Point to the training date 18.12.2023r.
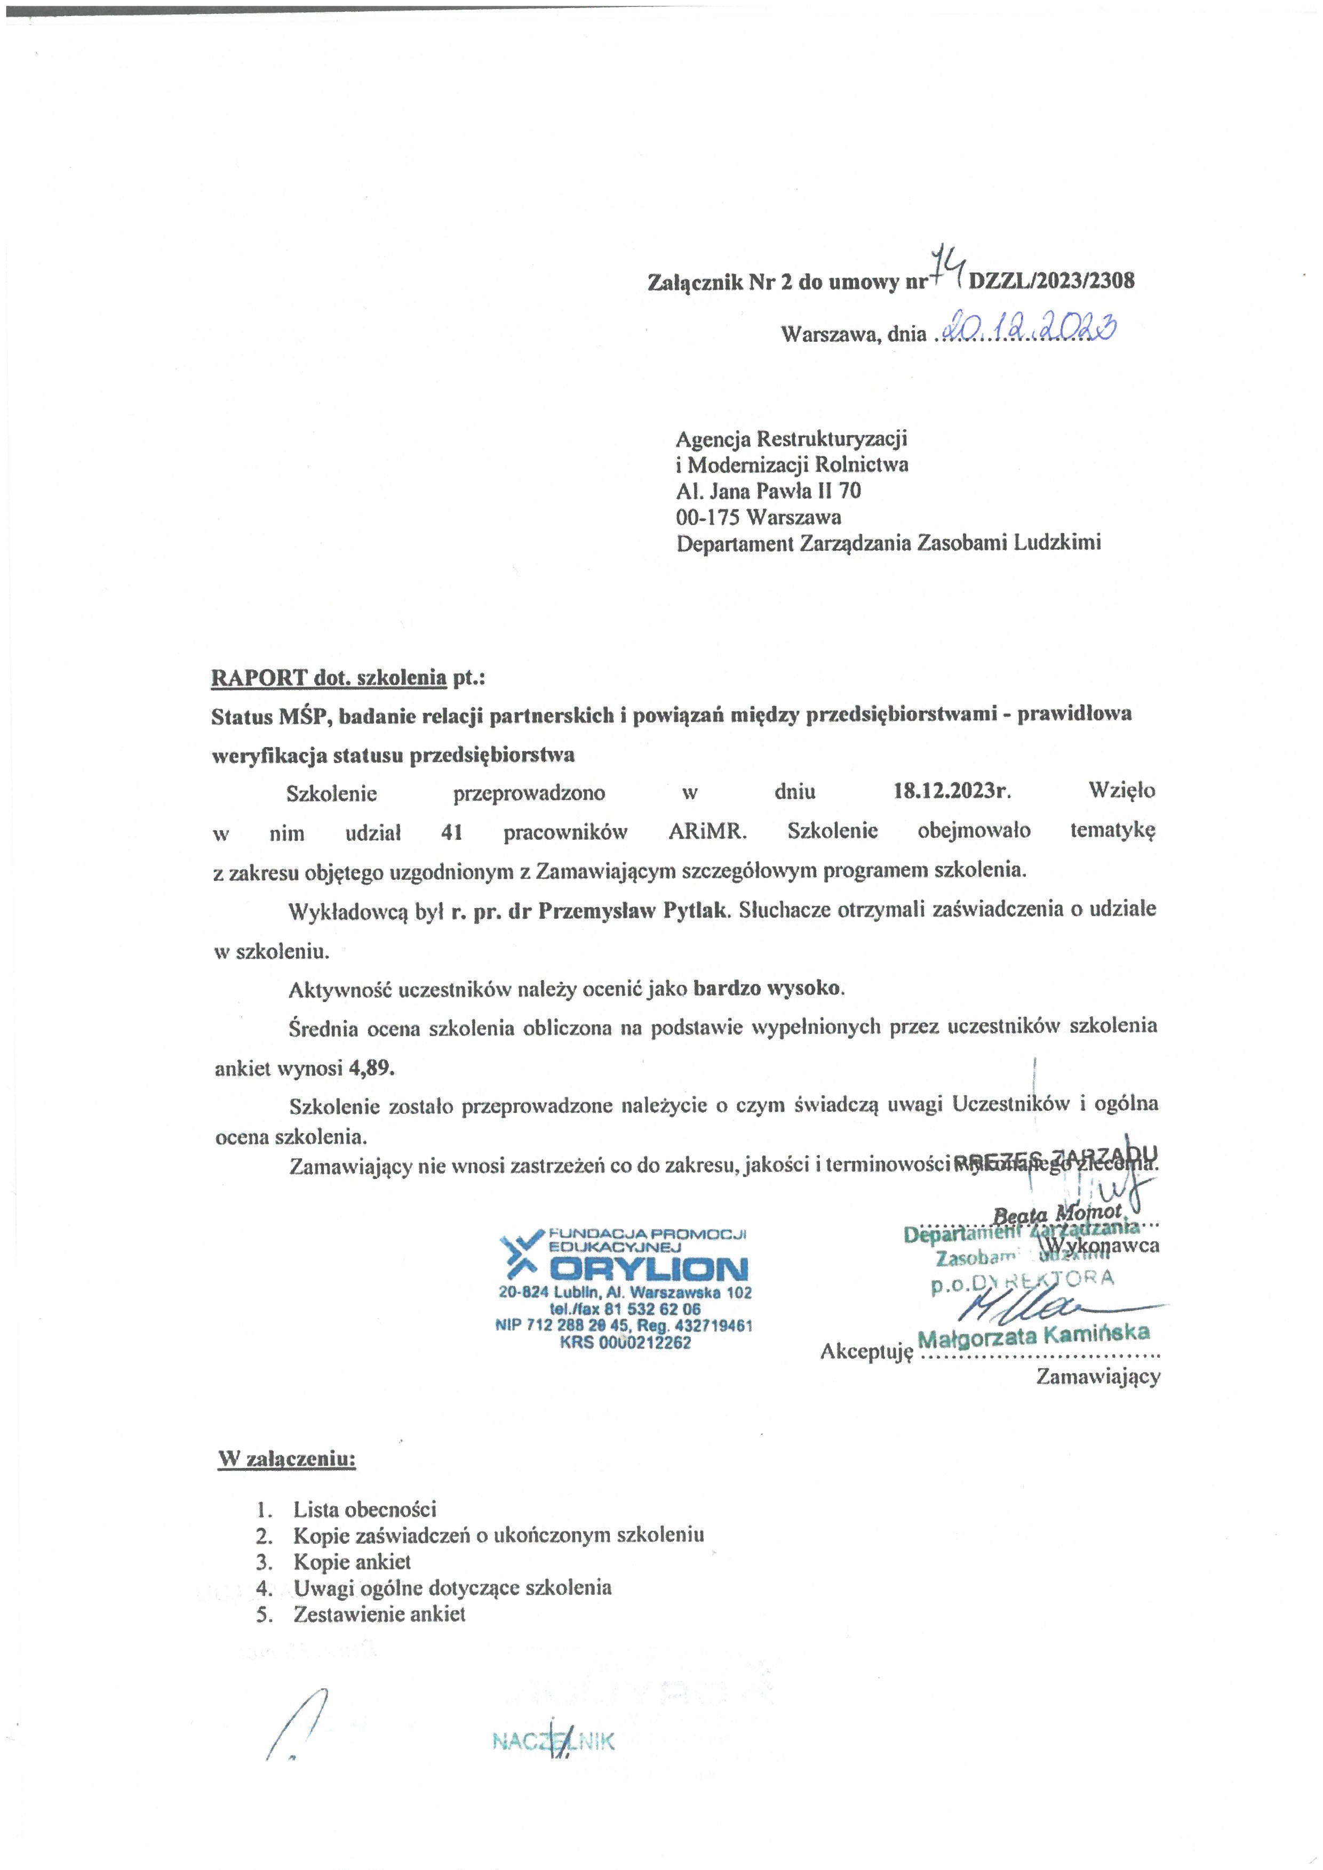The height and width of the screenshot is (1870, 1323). tap(952, 790)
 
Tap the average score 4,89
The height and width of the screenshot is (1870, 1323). tap(371, 1067)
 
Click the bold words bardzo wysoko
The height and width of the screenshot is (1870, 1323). tap(766, 988)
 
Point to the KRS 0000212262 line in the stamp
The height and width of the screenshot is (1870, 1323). tap(625, 1342)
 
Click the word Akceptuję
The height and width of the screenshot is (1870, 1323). tap(866, 1352)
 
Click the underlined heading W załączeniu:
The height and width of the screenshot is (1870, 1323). tap(287, 1458)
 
